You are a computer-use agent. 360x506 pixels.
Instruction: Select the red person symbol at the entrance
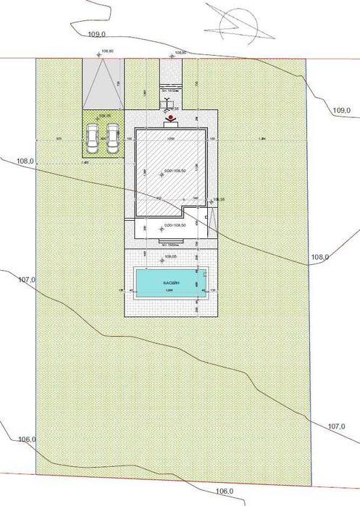(169, 116)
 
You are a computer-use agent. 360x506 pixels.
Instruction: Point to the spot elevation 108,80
(109, 51)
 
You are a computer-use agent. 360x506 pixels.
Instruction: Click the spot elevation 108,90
(179, 53)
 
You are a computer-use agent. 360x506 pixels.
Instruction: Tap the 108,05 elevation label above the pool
(171, 256)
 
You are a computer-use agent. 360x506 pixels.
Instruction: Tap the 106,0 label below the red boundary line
(226, 492)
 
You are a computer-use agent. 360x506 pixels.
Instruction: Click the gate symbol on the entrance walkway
(169, 102)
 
